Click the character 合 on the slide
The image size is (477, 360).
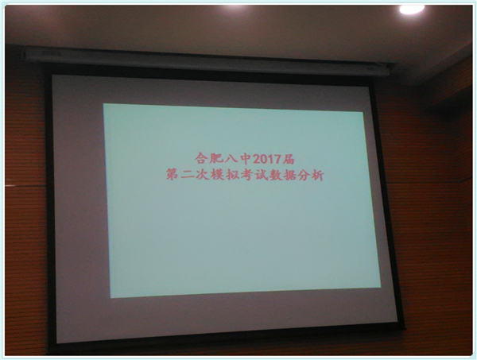tap(200, 158)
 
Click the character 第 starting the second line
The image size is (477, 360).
tap(172, 174)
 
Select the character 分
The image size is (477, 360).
tap(304, 176)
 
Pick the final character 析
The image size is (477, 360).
tap(317, 176)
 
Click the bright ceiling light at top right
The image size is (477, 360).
tap(412, 10)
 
